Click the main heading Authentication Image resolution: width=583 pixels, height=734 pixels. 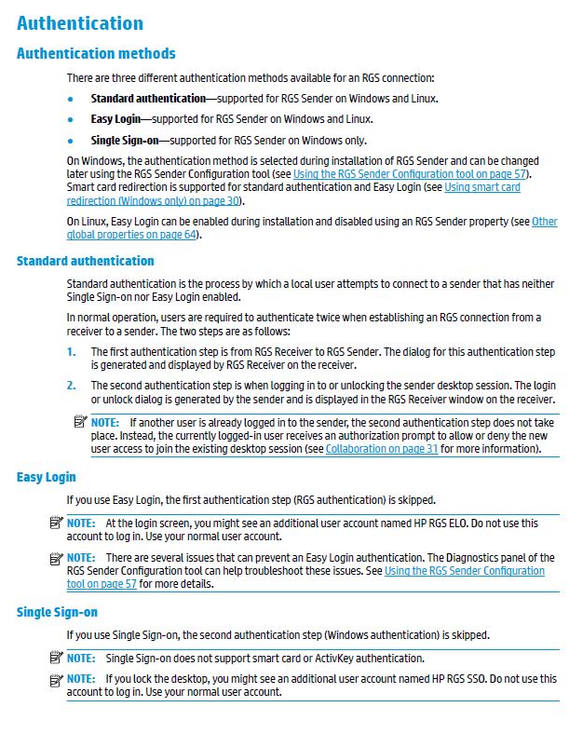(80, 23)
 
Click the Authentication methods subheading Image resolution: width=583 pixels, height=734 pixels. (96, 53)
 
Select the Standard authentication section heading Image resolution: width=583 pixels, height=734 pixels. (85, 261)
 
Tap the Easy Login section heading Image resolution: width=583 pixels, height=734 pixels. (46, 477)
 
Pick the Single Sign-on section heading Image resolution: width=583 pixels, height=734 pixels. (57, 612)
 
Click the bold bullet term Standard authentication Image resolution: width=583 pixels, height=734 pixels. (147, 99)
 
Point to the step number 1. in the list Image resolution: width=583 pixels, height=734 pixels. (72, 352)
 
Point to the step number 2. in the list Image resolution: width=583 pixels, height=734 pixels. (72, 385)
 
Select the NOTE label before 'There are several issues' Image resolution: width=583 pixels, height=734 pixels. (81, 558)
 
